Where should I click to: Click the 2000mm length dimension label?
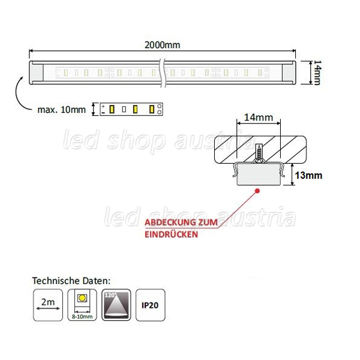pos(163,45)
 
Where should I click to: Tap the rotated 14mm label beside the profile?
pos(317,73)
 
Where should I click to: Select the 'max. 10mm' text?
pos(62,110)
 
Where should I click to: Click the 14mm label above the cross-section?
pos(259,118)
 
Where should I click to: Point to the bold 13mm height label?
pos(308,175)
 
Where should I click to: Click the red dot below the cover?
pos(257,191)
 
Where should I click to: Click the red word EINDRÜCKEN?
pos(171,235)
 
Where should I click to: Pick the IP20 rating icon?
pos(151,305)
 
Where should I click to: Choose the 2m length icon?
pos(48,305)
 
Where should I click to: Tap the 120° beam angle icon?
pos(116,305)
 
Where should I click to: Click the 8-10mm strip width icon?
pos(82,305)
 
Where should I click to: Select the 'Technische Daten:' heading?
pos(71,281)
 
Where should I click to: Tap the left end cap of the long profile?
pos(37,73)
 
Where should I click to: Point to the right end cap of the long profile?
pos(289,73)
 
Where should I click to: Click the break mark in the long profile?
pos(163,73)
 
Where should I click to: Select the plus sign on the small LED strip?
pos(103,106)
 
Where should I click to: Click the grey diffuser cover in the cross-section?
pos(259,175)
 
